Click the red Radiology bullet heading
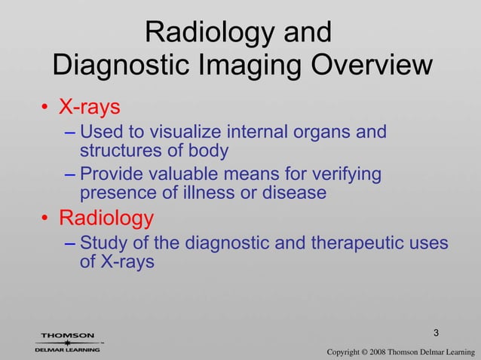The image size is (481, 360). pos(106,218)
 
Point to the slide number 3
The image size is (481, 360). pos(437,333)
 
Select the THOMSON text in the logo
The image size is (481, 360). pos(67,335)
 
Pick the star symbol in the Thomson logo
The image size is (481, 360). pos(67,343)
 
